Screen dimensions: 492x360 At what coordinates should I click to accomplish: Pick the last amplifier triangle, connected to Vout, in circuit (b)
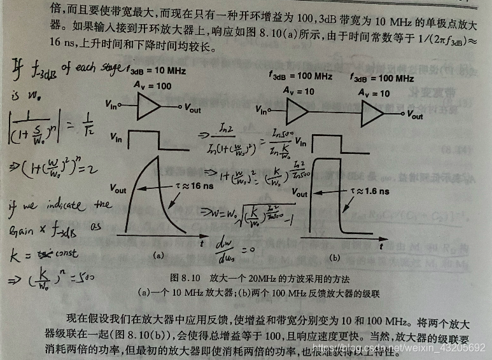pyautogui.click(x=372, y=113)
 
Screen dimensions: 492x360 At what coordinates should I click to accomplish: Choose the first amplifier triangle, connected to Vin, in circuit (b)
pyautogui.click(x=297, y=113)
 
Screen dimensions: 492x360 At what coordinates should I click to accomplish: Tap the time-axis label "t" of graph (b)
pyautogui.click(x=381, y=245)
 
